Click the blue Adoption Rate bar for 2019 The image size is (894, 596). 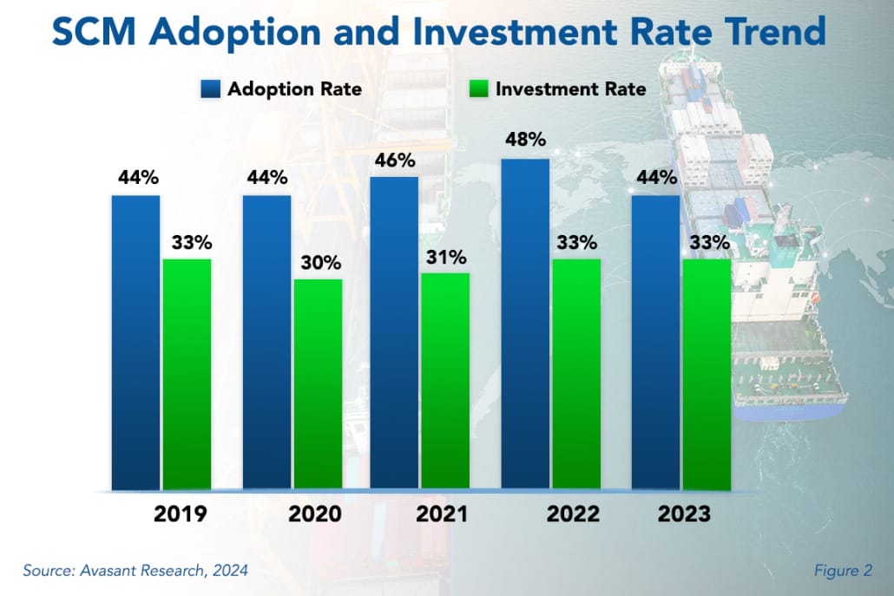point(135,343)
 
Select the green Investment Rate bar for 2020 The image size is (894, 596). point(318,384)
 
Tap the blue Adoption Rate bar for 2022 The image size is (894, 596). point(525,324)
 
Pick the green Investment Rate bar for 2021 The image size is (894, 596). point(445,382)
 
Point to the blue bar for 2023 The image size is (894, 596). point(655,343)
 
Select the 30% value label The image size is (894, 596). point(318,262)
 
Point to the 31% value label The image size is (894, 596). point(446,257)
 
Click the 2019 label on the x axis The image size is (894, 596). point(180,514)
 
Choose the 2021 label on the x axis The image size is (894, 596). point(442,514)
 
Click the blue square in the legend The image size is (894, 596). point(210,88)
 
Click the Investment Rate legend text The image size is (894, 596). point(570,88)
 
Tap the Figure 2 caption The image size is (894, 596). point(843,570)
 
